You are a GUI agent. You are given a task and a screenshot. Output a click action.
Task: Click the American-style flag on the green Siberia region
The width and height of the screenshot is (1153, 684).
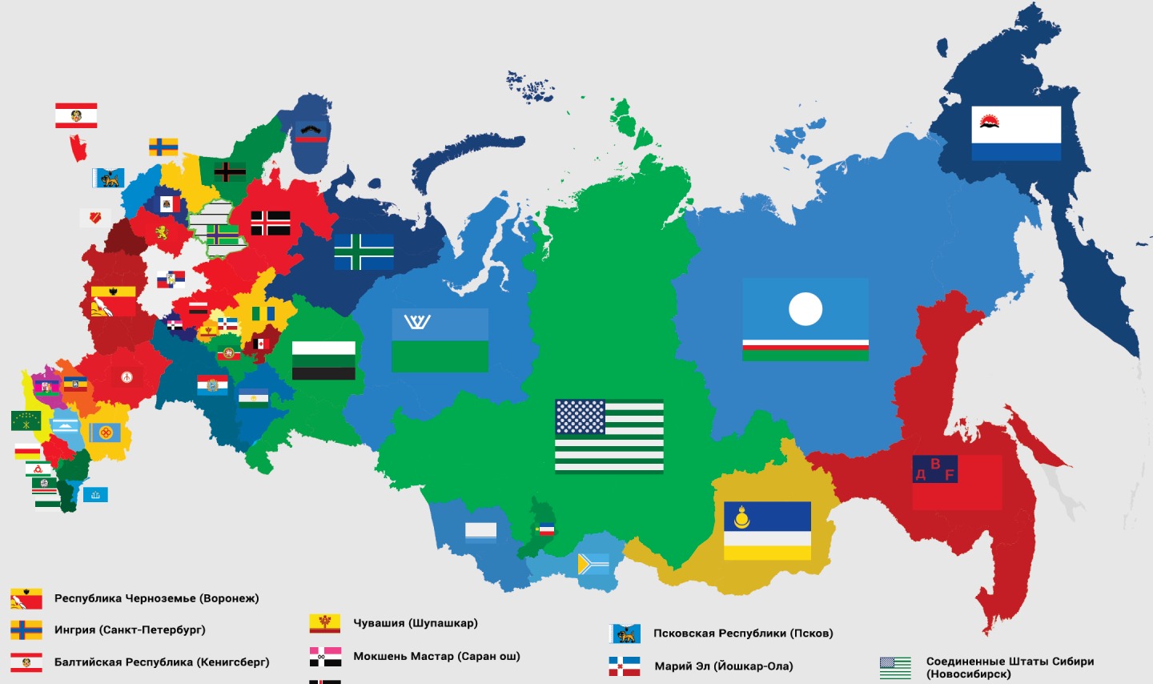click(x=609, y=437)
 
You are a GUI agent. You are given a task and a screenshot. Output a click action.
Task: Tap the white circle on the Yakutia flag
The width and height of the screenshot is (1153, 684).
click(x=805, y=309)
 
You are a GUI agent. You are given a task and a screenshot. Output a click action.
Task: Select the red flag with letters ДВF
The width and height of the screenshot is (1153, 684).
click(x=957, y=482)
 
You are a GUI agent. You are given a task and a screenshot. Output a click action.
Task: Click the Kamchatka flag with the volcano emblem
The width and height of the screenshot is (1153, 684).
click(x=1015, y=133)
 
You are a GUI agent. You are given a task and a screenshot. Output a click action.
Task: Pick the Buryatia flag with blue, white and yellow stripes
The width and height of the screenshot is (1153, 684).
click(x=767, y=530)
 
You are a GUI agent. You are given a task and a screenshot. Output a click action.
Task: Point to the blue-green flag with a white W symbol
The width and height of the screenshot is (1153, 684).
click(x=440, y=340)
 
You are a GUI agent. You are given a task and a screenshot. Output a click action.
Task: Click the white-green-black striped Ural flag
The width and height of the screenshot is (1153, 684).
click(x=323, y=360)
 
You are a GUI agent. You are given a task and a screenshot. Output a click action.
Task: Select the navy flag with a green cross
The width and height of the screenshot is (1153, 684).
click(x=364, y=251)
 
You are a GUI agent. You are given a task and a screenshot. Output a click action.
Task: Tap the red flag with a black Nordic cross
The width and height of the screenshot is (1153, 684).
click(x=271, y=223)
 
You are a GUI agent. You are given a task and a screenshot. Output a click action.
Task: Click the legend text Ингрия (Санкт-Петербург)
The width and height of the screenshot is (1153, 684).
click(x=130, y=630)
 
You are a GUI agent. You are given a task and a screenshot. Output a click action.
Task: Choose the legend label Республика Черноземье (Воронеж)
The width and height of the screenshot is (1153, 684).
click(x=156, y=598)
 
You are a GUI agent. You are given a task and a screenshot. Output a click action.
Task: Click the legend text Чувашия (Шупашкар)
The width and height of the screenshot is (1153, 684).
click(x=415, y=623)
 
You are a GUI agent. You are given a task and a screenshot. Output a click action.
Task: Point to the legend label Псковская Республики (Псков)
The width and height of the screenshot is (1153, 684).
click(x=743, y=634)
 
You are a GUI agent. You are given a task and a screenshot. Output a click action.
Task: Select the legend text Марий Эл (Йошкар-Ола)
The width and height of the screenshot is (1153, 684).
click(x=724, y=666)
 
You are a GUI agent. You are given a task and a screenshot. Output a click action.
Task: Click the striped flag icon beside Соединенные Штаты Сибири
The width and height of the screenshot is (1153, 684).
click(x=895, y=667)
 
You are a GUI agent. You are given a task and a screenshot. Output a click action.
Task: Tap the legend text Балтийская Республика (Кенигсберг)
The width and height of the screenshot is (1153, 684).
click(x=162, y=662)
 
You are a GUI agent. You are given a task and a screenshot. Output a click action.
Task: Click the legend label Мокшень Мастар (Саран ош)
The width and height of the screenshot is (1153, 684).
click(x=436, y=657)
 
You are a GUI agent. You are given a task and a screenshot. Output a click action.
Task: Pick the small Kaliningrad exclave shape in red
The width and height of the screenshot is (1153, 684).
click(x=78, y=148)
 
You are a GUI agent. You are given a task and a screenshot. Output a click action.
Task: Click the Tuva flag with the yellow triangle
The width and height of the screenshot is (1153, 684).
click(x=593, y=565)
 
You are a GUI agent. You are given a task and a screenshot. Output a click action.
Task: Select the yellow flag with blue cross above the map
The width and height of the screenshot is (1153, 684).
click(x=163, y=147)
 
